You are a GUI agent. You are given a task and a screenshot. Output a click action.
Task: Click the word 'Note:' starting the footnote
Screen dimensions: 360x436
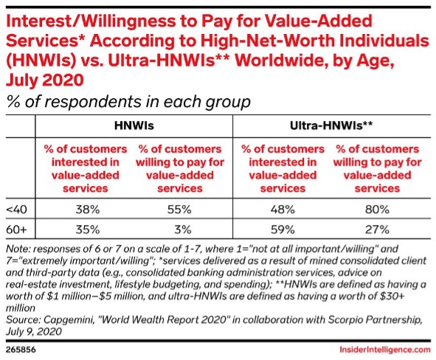point(18,251)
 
